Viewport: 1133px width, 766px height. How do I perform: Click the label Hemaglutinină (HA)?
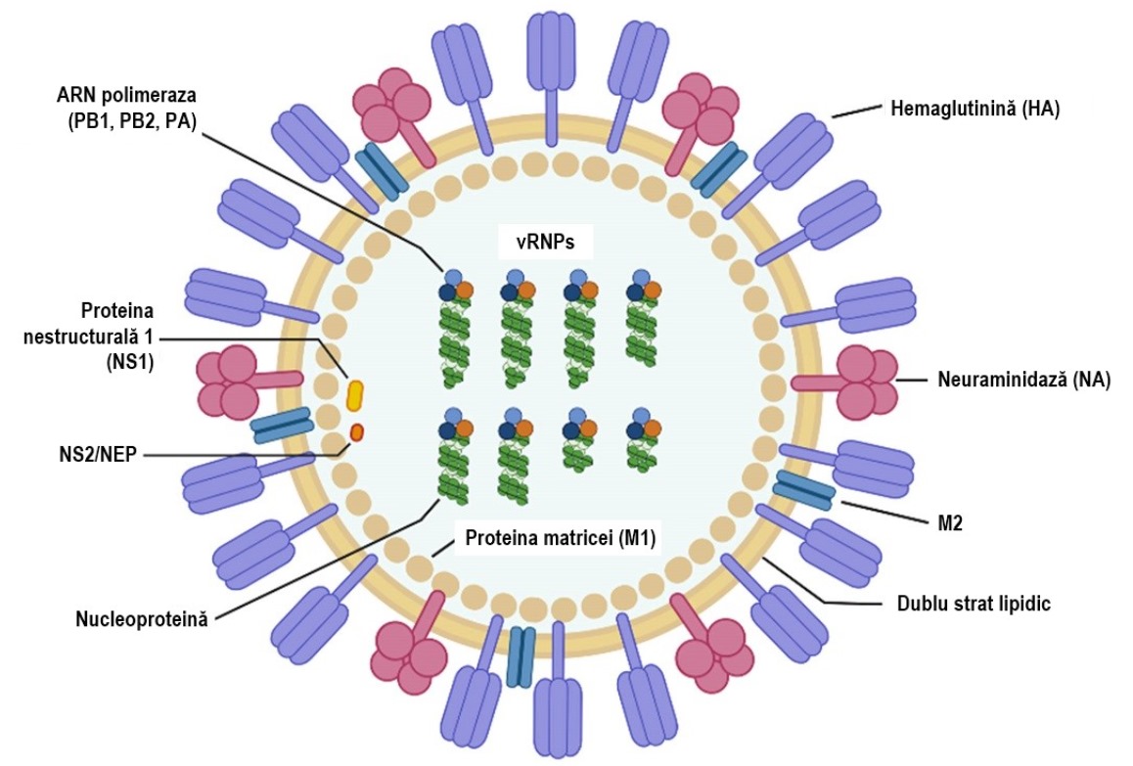click(974, 110)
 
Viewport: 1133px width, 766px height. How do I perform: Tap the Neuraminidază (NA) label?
click(1023, 380)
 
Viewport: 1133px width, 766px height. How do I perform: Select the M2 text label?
click(949, 523)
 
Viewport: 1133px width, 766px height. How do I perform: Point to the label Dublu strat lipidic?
click(974, 604)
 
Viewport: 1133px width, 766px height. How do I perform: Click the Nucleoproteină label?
click(142, 619)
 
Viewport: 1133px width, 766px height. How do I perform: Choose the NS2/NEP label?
click(98, 455)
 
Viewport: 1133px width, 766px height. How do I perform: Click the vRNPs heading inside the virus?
click(546, 242)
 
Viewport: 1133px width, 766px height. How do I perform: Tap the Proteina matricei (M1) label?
click(560, 538)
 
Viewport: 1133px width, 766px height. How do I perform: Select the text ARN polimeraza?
click(126, 96)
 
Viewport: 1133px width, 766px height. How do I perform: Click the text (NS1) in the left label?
click(131, 362)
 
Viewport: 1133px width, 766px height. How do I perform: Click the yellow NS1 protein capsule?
click(355, 395)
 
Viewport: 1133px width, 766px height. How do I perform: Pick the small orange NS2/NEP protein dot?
click(356, 432)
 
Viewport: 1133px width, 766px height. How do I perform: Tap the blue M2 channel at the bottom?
click(521, 656)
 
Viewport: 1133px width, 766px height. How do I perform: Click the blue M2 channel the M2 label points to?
click(804, 487)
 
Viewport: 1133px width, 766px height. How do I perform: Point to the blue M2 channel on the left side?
click(282, 426)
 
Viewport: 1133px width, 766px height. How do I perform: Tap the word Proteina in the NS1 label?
click(117, 311)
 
